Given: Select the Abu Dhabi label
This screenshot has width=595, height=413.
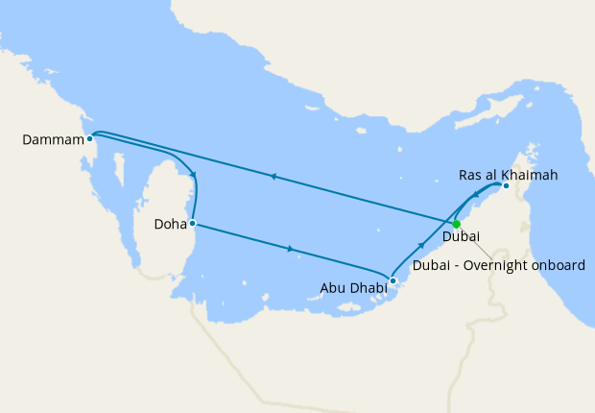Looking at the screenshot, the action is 354,286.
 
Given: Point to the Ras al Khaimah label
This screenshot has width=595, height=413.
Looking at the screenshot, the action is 508,175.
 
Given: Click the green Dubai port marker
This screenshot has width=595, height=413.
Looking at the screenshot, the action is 457,224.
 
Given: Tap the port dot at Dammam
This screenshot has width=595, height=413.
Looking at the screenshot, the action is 89,138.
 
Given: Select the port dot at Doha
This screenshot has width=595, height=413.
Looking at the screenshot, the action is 193,224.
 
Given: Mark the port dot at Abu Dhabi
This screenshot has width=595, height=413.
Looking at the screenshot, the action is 393,281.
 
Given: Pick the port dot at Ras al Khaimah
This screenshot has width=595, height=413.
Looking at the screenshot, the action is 506,186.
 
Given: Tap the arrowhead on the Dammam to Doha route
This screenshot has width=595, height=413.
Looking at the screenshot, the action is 195,175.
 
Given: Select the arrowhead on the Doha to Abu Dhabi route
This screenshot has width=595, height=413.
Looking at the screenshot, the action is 290,251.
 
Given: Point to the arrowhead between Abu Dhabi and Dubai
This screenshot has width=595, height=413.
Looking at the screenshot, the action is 422,247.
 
